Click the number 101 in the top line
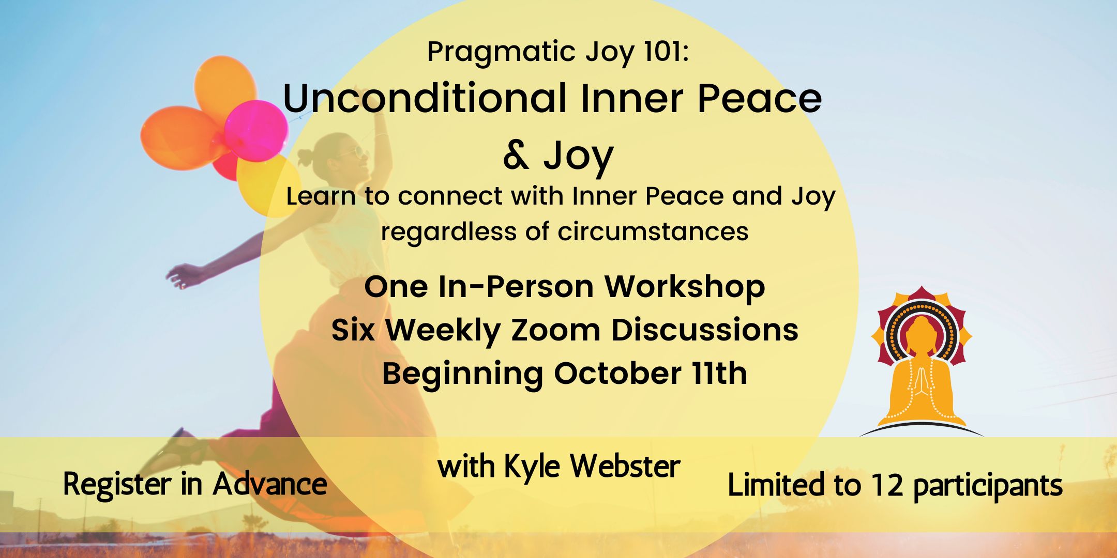click(x=663, y=52)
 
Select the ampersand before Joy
click(x=516, y=156)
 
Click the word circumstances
click(x=653, y=231)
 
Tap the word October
click(x=617, y=374)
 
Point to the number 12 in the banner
click(x=887, y=486)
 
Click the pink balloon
click(x=256, y=131)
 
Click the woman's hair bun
click(x=306, y=154)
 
